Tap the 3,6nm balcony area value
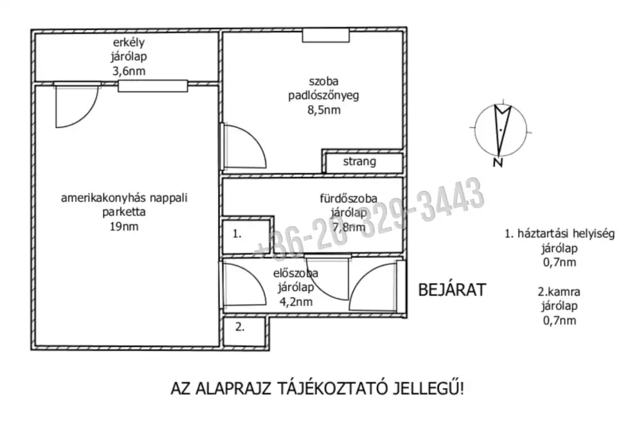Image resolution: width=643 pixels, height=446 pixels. pyautogui.click(x=129, y=71)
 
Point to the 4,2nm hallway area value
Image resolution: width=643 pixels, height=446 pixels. pyautogui.click(x=296, y=301)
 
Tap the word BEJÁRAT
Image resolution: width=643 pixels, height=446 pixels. pyautogui.click(x=452, y=289)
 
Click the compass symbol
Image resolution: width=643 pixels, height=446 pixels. pyautogui.click(x=500, y=129)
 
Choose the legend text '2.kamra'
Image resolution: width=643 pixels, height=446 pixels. pyautogui.click(x=558, y=292)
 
